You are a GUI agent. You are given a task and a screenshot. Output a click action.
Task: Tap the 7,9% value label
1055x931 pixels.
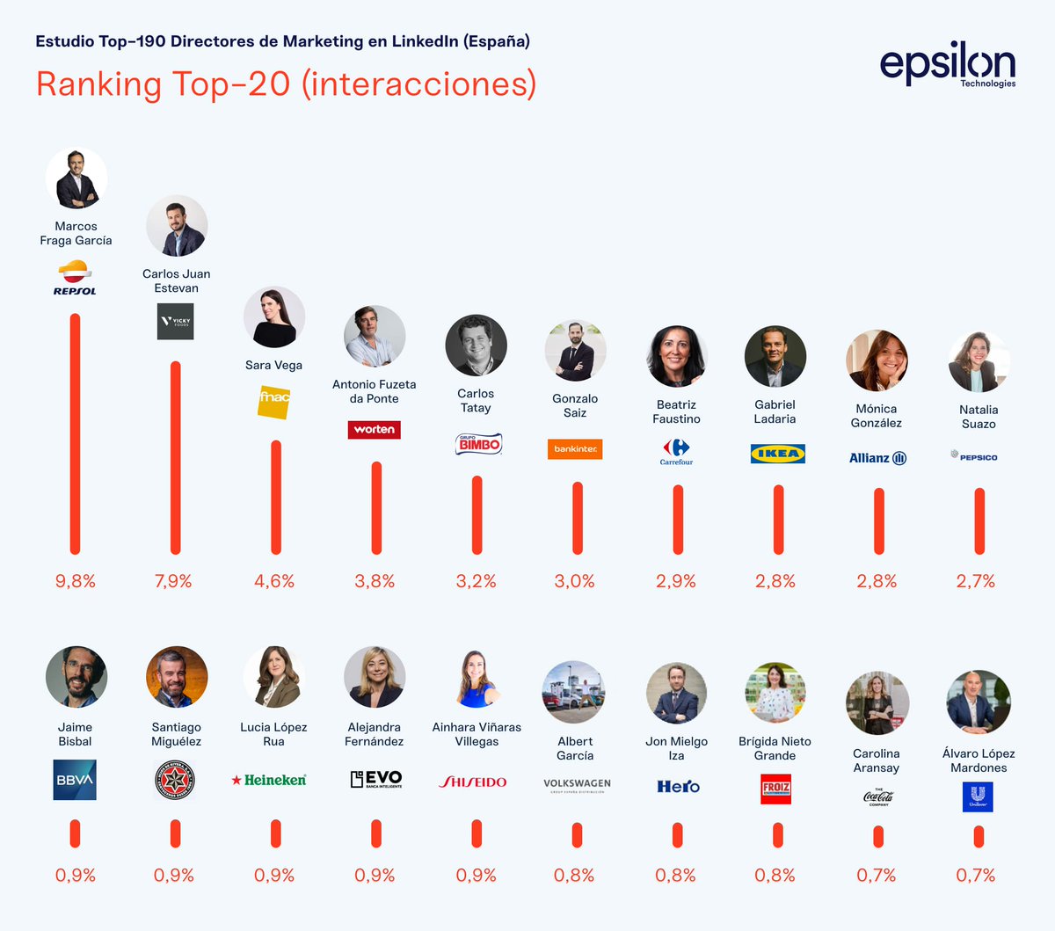tap(173, 581)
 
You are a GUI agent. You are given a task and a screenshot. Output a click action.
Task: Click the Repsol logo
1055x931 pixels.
tap(75, 278)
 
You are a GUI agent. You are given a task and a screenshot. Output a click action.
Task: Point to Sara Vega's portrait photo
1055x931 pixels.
tap(274, 317)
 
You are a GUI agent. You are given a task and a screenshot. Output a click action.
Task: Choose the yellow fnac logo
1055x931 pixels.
tap(274, 401)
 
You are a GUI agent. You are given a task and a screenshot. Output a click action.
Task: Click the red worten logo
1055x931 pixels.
tap(375, 430)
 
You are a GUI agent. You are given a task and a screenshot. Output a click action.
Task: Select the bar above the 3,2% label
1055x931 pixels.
tap(477, 515)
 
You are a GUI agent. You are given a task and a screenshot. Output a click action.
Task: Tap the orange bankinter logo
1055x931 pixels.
tap(575, 448)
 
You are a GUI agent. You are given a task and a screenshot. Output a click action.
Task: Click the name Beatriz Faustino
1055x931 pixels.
tap(676, 411)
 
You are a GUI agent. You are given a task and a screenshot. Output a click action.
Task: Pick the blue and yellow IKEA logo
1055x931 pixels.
tap(778, 454)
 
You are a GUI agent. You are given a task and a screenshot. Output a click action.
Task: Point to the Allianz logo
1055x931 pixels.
tap(877, 458)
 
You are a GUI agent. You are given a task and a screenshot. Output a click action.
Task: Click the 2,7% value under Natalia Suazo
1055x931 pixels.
tap(976, 581)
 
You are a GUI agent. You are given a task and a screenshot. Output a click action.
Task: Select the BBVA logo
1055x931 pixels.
tap(75, 780)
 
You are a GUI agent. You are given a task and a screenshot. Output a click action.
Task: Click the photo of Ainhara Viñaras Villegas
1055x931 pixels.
tap(477, 678)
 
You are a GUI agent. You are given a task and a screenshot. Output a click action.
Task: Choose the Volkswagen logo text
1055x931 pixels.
tap(577, 784)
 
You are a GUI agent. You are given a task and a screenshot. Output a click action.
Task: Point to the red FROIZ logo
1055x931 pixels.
tap(776, 789)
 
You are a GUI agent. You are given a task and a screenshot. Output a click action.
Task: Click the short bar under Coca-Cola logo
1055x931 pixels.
tap(878, 836)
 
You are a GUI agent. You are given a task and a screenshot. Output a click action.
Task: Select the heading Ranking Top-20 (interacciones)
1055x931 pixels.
tap(287, 84)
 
